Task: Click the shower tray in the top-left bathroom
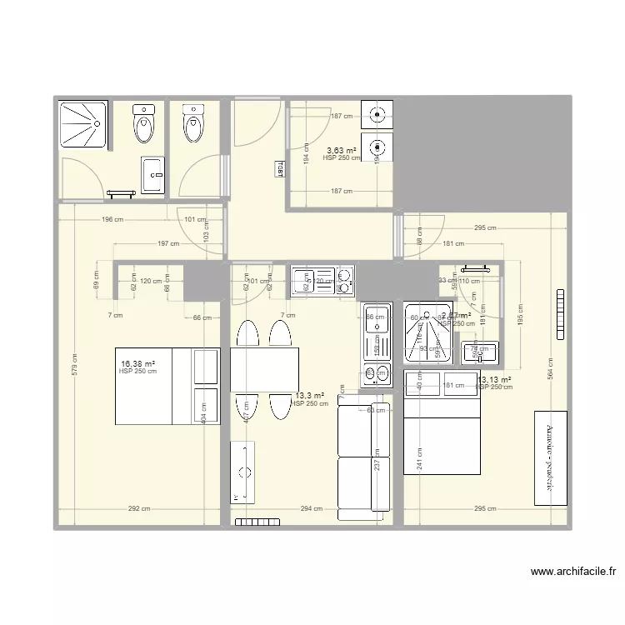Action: tap(82, 125)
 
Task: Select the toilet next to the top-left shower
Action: tap(144, 125)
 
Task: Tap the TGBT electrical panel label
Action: tap(278, 169)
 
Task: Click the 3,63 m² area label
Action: tap(340, 151)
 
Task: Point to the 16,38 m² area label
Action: tap(138, 364)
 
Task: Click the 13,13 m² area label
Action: tap(494, 380)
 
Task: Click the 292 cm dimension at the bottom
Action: tap(139, 508)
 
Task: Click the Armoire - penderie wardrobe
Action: tap(549, 457)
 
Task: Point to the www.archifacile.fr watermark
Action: tap(575, 572)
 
